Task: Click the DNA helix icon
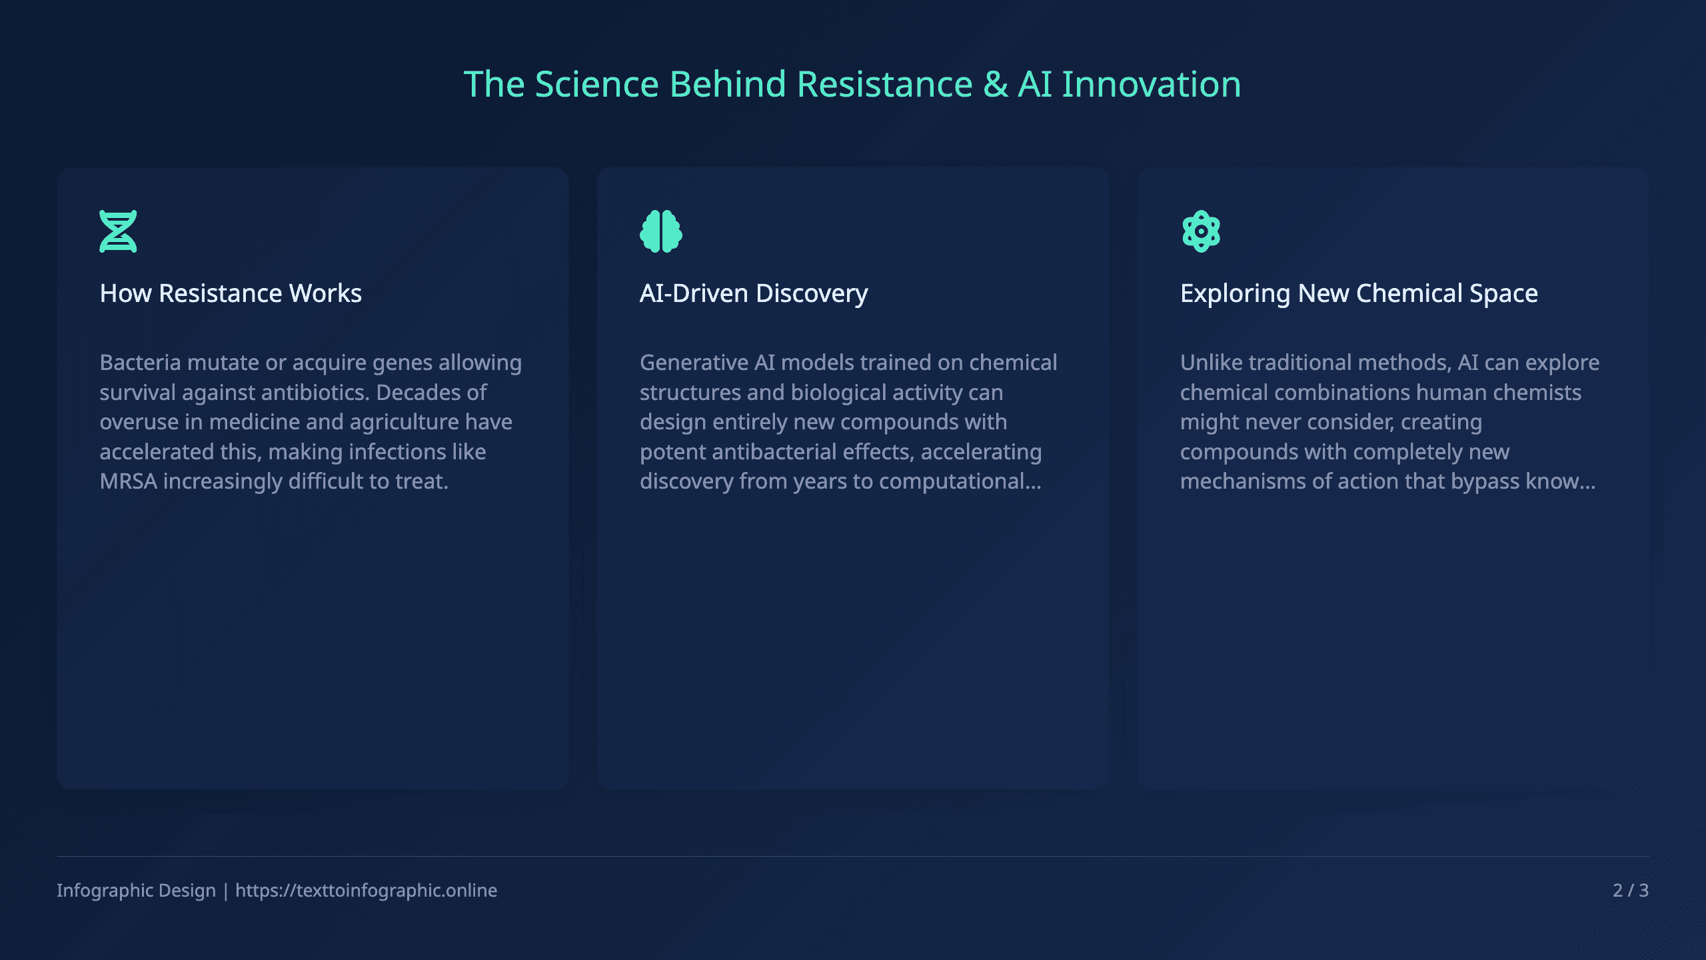coord(118,231)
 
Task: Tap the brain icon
coord(660,231)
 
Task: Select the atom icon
coord(1201,231)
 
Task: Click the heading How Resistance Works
coord(231,293)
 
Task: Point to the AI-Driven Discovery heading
coord(754,293)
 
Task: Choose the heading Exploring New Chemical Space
coord(1359,293)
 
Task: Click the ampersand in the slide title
coord(996,85)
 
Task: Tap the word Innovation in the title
coord(1151,85)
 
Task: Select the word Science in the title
coord(596,85)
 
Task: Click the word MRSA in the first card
coord(128,481)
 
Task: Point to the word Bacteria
coord(140,363)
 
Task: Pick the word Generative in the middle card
coord(694,363)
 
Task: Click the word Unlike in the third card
coord(1211,363)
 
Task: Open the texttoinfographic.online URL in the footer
coord(366,891)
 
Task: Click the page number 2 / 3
coord(1630,891)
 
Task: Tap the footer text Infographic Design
coord(136,891)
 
